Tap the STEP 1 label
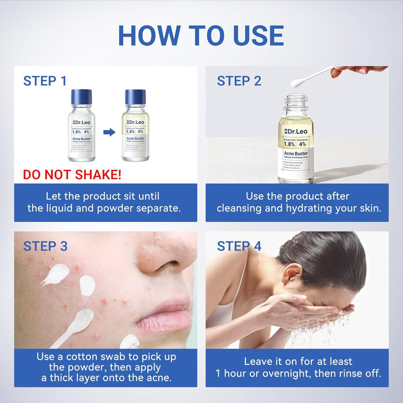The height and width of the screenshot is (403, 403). click(45, 81)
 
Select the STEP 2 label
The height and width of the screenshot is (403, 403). click(239, 81)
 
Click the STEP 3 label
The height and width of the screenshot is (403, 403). click(45, 246)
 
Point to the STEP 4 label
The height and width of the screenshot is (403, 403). click(239, 246)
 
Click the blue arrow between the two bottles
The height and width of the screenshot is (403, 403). click(109, 132)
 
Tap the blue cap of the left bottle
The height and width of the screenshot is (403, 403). click(81, 97)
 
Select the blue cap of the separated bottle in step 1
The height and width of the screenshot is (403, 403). click(135, 97)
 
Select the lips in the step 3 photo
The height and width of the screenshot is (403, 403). click(165, 310)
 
